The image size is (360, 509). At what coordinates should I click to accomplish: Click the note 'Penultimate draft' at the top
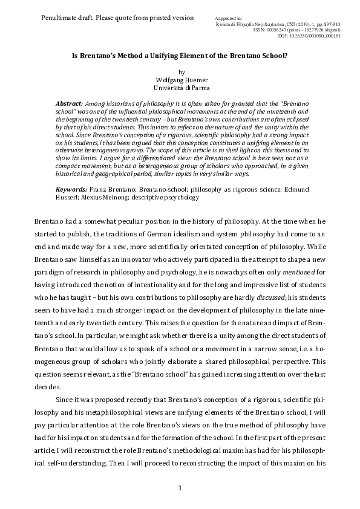pyautogui.click(x=117, y=18)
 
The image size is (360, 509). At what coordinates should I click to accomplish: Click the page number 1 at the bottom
pyautogui.click(x=180, y=488)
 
